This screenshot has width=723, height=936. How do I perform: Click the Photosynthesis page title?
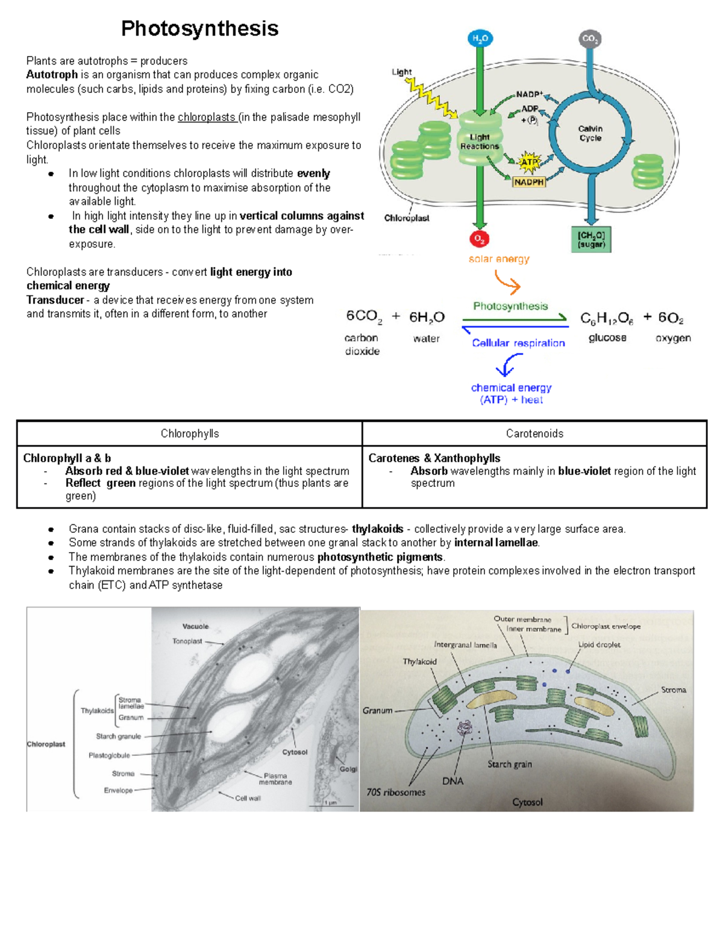(x=199, y=28)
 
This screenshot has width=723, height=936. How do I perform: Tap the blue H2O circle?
(x=480, y=39)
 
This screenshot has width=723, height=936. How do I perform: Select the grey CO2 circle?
(x=590, y=39)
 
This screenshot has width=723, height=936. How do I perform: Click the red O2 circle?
(x=479, y=239)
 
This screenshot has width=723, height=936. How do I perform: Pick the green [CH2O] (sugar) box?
(x=590, y=239)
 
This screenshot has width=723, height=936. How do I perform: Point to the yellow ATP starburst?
(x=529, y=162)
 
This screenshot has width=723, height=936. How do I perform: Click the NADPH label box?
(x=528, y=181)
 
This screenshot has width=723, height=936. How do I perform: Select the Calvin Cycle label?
(x=590, y=133)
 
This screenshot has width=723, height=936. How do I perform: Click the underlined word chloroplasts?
(x=207, y=117)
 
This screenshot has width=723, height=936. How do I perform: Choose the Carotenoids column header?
(x=534, y=433)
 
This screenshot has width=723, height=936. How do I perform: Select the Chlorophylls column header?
(x=190, y=433)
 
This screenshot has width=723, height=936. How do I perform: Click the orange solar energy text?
(x=499, y=259)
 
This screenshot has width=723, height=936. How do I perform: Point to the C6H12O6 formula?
(x=606, y=318)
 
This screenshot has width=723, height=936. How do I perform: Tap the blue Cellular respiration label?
(x=518, y=343)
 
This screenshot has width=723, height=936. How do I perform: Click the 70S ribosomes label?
(x=396, y=792)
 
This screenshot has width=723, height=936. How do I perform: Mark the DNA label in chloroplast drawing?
(x=452, y=781)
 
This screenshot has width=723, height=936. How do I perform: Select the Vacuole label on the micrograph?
(x=195, y=626)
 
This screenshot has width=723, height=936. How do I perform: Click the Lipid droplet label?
(x=599, y=644)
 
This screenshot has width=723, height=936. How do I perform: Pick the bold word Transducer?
(x=55, y=300)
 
